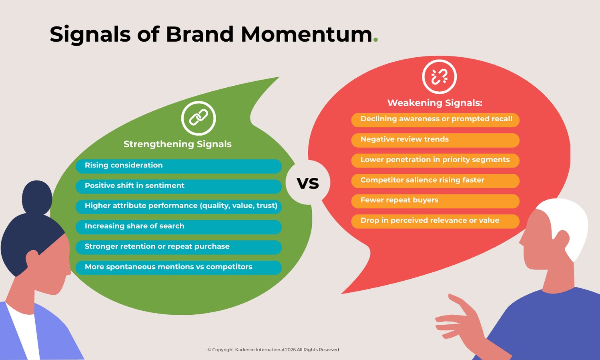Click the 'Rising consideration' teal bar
point(179,166)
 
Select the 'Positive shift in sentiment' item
point(179,186)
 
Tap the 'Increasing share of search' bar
point(179,227)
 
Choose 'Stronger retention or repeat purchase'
point(179,247)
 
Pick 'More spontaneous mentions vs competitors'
point(179,267)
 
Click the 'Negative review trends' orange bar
point(435,140)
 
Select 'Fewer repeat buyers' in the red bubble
point(435,201)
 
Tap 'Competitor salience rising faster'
point(435,181)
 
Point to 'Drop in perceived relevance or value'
point(435,221)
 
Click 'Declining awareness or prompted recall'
point(435,119)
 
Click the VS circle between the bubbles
point(308,183)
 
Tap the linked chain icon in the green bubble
point(199,118)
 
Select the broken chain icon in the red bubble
point(439,76)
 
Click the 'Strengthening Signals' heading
point(177,144)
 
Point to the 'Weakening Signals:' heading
point(435,103)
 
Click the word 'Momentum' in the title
point(307,34)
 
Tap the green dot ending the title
point(375,40)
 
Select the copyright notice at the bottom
point(274,350)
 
